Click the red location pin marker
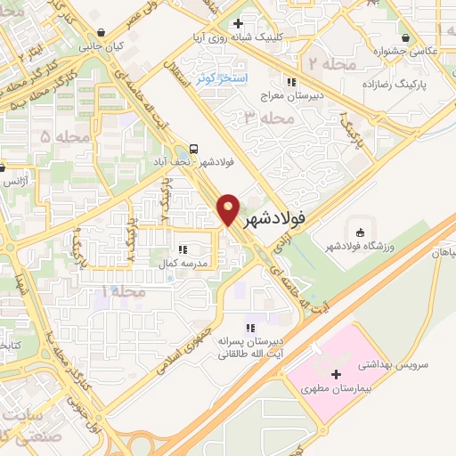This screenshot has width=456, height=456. click(229, 209)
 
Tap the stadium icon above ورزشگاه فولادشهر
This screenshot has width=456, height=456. click(359, 230)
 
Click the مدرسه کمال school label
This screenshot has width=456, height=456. click(183, 265)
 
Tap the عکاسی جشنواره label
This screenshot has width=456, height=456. click(408, 52)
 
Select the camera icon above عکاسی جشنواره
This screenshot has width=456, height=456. click(406, 37)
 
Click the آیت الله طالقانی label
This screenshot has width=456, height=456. click(252, 354)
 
